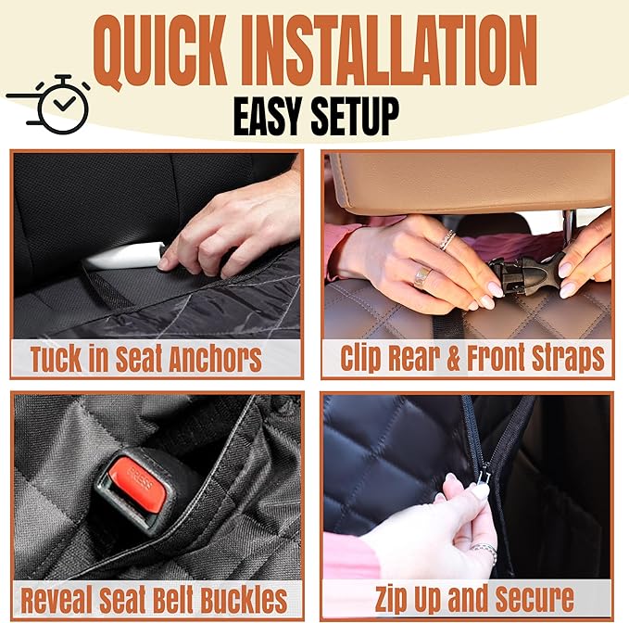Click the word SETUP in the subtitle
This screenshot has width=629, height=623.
pos(359,117)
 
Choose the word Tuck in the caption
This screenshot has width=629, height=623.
pos(61,359)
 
